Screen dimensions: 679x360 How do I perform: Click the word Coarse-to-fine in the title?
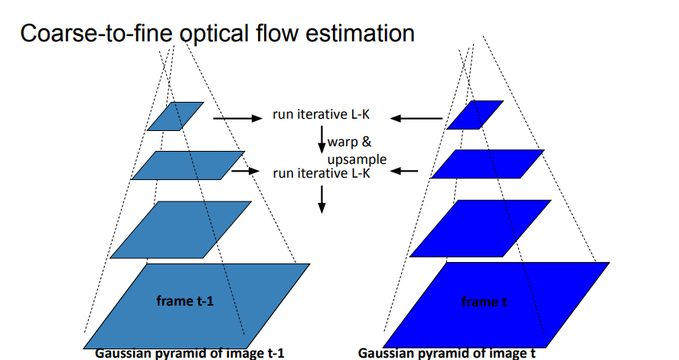pyautogui.click(x=96, y=34)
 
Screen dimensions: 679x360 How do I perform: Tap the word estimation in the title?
pyautogui.click(x=360, y=34)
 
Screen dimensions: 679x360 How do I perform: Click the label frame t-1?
pyautogui.click(x=185, y=301)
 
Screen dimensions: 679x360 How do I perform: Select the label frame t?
pyautogui.click(x=484, y=302)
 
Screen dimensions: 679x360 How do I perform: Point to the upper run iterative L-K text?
pyautogui.click(x=322, y=114)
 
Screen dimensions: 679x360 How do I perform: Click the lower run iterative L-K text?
pyautogui.click(x=322, y=173)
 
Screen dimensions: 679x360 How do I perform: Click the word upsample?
pyautogui.click(x=357, y=159)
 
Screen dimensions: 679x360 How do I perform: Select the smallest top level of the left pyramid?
pyautogui.click(x=175, y=116)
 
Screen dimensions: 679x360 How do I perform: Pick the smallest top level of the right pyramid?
pyautogui.click(x=475, y=115)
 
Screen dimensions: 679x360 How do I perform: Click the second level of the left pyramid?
pyautogui.click(x=188, y=165)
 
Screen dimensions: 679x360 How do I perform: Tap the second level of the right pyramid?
pyautogui.click(x=488, y=164)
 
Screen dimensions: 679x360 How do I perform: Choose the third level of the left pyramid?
pyautogui.click(x=181, y=230)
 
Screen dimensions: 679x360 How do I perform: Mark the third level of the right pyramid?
pyautogui.click(x=481, y=228)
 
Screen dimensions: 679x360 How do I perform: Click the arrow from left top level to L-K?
pyautogui.click(x=238, y=118)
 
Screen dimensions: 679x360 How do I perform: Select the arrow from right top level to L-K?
pyautogui.click(x=416, y=118)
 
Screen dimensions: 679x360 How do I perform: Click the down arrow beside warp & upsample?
pyautogui.click(x=322, y=139)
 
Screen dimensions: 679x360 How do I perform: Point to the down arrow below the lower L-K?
pyautogui.click(x=322, y=199)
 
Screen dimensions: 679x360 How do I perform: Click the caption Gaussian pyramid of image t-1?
pyautogui.click(x=190, y=353)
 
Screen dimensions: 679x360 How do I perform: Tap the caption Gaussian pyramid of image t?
pyautogui.click(x=446, y=353)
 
